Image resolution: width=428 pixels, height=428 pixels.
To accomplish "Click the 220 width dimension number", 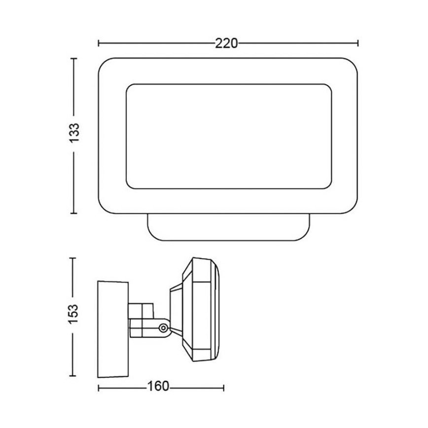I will click(226, 43).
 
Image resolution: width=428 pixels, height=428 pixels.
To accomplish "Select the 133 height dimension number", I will click(74, 133).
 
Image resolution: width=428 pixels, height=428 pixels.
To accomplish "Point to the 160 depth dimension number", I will click(157, 387).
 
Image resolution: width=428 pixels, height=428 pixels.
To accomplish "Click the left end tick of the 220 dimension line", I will click(99, 43).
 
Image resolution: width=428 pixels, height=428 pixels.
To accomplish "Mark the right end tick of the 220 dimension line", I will click(358, 43).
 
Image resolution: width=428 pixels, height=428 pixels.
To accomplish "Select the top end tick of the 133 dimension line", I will click(74, 58).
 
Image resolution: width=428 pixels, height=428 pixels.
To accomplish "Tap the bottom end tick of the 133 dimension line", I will click(74, 214).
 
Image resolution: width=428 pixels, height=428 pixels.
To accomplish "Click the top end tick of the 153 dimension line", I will click(74, 258).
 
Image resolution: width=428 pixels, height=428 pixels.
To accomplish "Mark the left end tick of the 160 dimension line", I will click(99, 387).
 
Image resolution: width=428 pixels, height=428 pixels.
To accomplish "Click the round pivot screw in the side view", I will click(162, 328).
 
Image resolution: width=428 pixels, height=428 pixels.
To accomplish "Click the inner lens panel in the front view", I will click(228, 136).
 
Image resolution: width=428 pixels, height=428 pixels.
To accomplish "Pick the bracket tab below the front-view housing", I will click(229, 228).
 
